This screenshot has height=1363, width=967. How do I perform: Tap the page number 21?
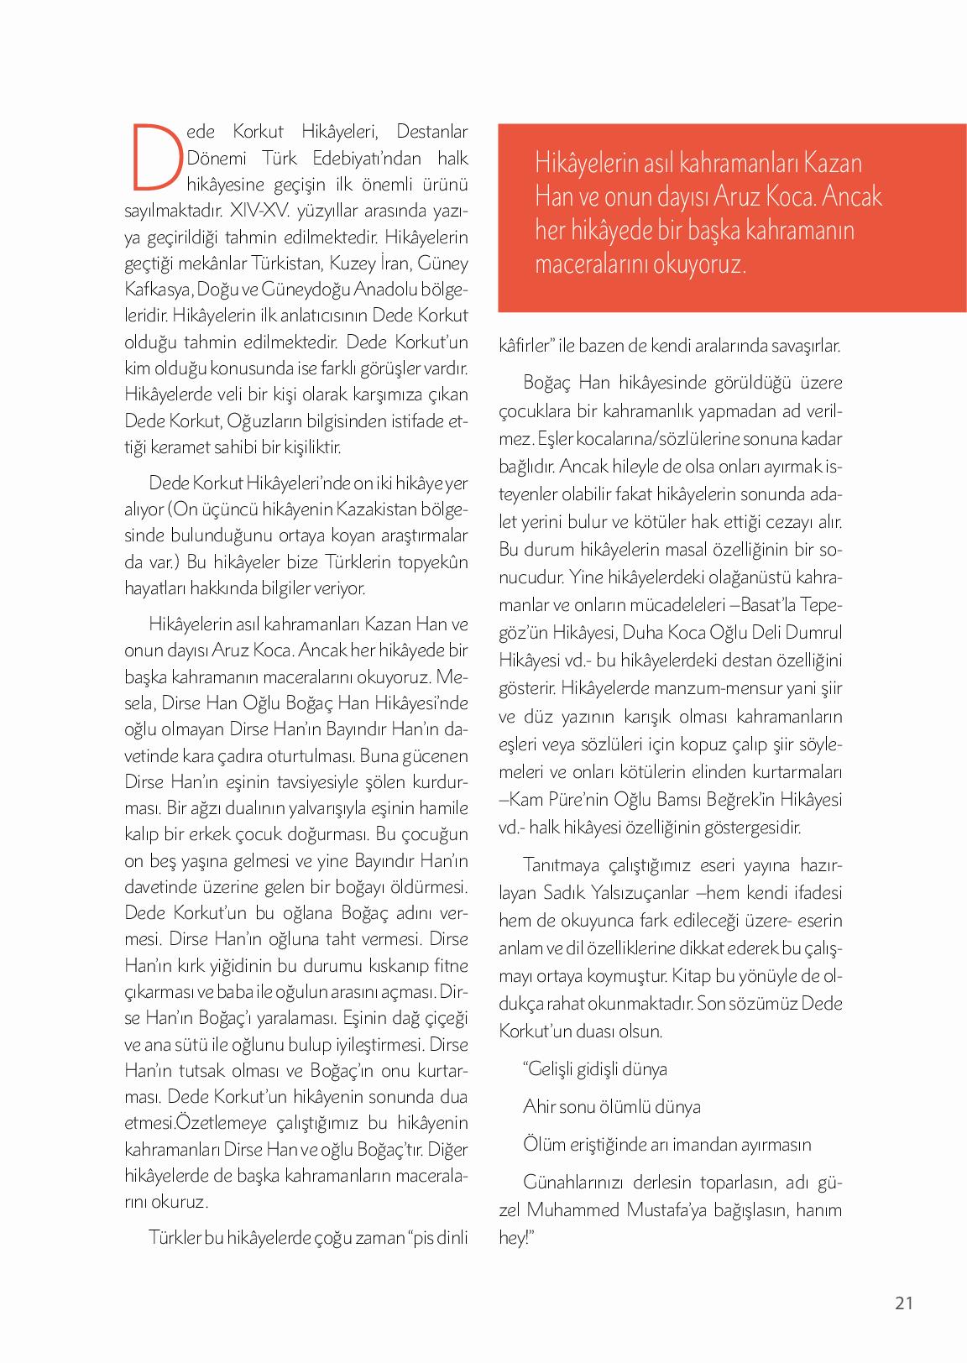[x=903, y=1303]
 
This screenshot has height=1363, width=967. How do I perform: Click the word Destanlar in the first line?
[x=431, y=132]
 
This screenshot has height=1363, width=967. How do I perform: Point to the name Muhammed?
[x=572, y=1209]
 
